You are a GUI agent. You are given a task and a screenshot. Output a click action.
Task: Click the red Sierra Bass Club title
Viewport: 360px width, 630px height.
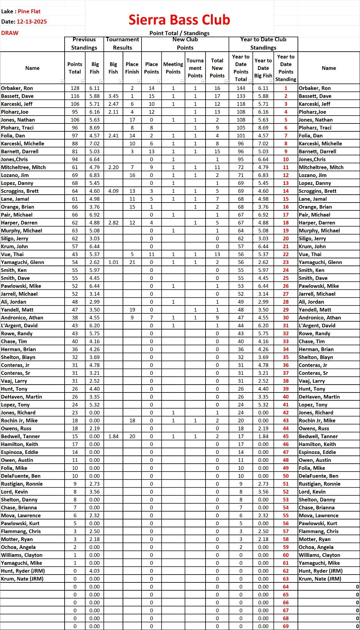pyautogui.click(x=179, y=20)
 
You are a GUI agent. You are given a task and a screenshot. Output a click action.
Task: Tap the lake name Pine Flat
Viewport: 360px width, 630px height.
pyautogui.click(x=29, y=11)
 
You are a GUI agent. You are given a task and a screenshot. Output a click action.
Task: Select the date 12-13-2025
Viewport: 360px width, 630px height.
pyautogui.click(x=32, y=22)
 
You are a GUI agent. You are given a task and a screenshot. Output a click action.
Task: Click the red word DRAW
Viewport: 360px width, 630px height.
pyautogui.click(x=10, y=33)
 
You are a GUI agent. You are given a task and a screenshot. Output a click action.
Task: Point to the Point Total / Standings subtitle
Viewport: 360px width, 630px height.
pyautogui.click(x=179, y=33)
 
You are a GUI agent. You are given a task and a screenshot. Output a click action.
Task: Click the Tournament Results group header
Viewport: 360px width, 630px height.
pyautogui.click(x=122, y=44)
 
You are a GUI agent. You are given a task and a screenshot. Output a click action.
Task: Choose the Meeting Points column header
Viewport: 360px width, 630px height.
pyautogui.click(x=173, y=68)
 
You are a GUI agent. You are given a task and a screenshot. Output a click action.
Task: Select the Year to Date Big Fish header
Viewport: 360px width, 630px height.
pyautogui.click(x=263, y=68)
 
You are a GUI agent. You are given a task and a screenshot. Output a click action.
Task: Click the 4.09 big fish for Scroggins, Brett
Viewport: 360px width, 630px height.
pyautogui.click(x=113, y=191)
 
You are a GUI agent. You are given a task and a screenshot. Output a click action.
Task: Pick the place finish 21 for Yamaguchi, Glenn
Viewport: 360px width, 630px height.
pyautogui.click(x=132, y=262)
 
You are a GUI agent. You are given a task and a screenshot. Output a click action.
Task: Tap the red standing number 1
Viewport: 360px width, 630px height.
pyautogui.click(x=286, y=88)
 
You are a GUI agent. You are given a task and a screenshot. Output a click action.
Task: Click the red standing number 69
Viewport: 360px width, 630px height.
pyautogui.click(x=286, y=626)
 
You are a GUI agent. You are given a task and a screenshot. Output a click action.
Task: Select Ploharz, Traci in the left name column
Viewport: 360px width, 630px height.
pyautogui.click(x=17, y=128)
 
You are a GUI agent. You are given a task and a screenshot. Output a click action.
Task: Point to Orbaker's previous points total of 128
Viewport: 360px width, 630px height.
pyautogui.click(x=75, y=88)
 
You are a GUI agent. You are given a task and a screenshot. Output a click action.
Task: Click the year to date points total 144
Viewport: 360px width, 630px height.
pyautogui.click(x=241, y=88)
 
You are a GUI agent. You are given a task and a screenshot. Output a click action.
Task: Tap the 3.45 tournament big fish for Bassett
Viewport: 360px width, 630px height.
pyautogui.click(x=113, y=96)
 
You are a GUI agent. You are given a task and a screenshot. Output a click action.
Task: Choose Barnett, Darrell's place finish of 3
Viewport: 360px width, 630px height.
pyautogui.click(x=132, y=152)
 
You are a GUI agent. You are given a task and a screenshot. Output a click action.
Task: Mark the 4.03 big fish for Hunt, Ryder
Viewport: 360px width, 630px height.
pyautogui.click(x=94, y=571)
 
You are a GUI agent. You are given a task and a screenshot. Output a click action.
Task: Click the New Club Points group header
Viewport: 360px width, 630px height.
pyautogui.click(x=185, y=44)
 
